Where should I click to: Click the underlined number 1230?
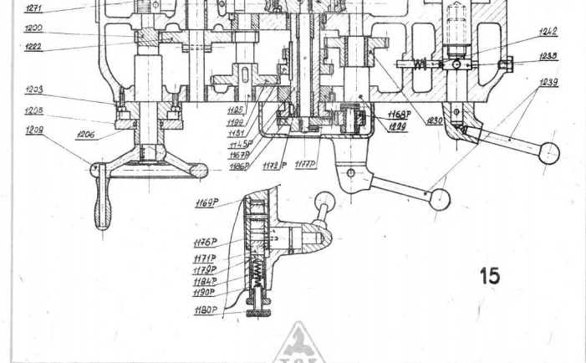tap(435, 120)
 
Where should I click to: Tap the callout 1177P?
tap(305, 166)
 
